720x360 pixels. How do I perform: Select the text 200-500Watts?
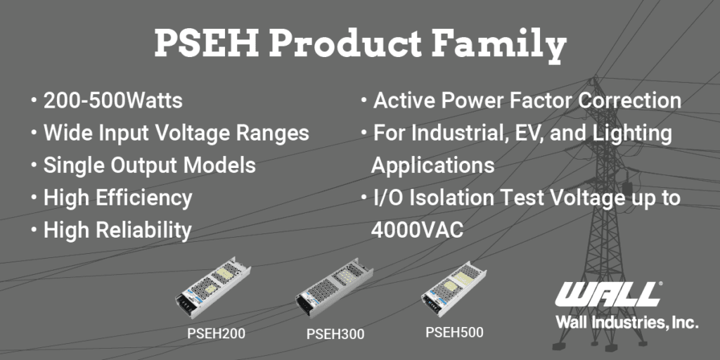[x=113, y=101]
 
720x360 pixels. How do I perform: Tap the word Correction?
[x=629, y=101]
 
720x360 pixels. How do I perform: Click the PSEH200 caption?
[x=216, y=333]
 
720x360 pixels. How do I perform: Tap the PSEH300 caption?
[x=335, y=334]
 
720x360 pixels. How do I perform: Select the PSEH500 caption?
[x=455, y=332]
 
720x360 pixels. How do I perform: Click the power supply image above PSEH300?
[x=334, y=288]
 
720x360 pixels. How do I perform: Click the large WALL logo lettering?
[x=607, y=295]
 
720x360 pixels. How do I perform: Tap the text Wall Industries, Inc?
[x=627, y=322]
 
